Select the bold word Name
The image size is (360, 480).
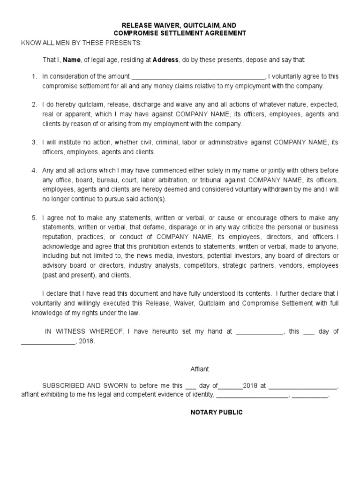point(72,60)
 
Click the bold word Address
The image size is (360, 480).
point(165,60)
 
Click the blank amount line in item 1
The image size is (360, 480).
point(198,76)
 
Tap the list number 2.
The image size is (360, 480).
point(34,104)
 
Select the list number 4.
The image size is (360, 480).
point(34,170)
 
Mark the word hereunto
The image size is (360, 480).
point(171,331)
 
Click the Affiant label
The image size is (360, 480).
point(200,369)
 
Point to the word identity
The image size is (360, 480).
point(202,395)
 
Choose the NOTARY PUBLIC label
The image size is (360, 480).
point(217,412)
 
